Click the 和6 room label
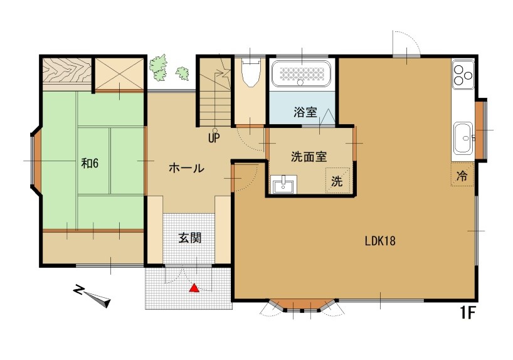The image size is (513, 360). tap(90, 163)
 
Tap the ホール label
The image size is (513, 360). tap(186, 168)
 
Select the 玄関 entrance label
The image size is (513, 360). tap(190, 238)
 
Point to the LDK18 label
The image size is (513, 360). tap(380, 241)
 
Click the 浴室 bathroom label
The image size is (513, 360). tap(305, 112)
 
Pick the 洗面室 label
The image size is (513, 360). tap(309, 157)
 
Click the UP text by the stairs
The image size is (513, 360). tap(214, 139)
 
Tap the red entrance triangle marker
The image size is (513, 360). tap(194, 288)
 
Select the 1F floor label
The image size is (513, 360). tap(468, 313)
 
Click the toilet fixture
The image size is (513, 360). tap(251, 72)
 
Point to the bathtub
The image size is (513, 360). tap(301, 73)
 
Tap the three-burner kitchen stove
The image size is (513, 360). tap(463, 75)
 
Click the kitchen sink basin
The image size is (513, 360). tap(463, 138)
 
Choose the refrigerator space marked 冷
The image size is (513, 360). tap(462, 175)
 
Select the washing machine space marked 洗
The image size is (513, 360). tap(337, 181)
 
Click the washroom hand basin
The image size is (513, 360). tap(283, 184)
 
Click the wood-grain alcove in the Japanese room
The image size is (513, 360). tap(66, 71)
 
